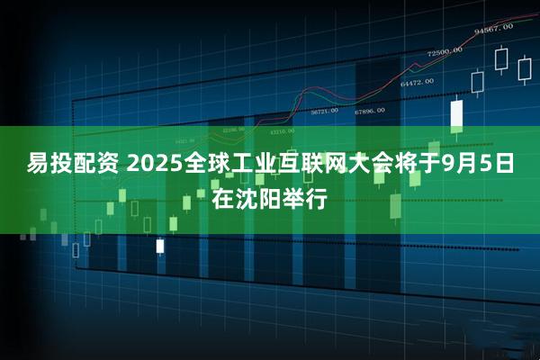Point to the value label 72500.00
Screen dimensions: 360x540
pyautogui.click(x=445, y=51)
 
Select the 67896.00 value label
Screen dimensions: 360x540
pyautogui.click(x=369, y=111)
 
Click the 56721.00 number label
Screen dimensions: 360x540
pyautogui.click(x=324, y=112)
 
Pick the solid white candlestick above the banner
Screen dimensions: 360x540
pyautogui.click(x=456, y=114)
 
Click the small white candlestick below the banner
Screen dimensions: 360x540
pyautogui.click(x=160, y=245)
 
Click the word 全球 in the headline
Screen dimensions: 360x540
pyautogui.click(x=230, y=165)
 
